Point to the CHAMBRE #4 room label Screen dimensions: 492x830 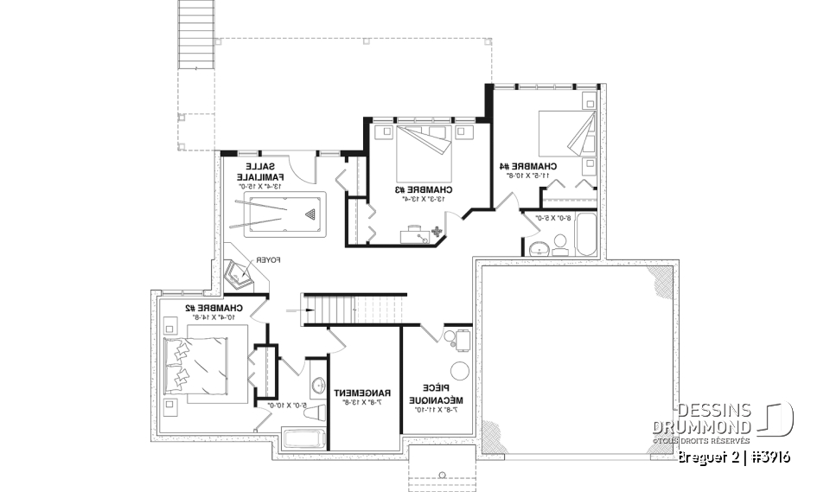(528, 165)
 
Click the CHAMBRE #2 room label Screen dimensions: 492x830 (214, 308)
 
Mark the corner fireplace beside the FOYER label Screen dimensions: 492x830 (238, 273)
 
